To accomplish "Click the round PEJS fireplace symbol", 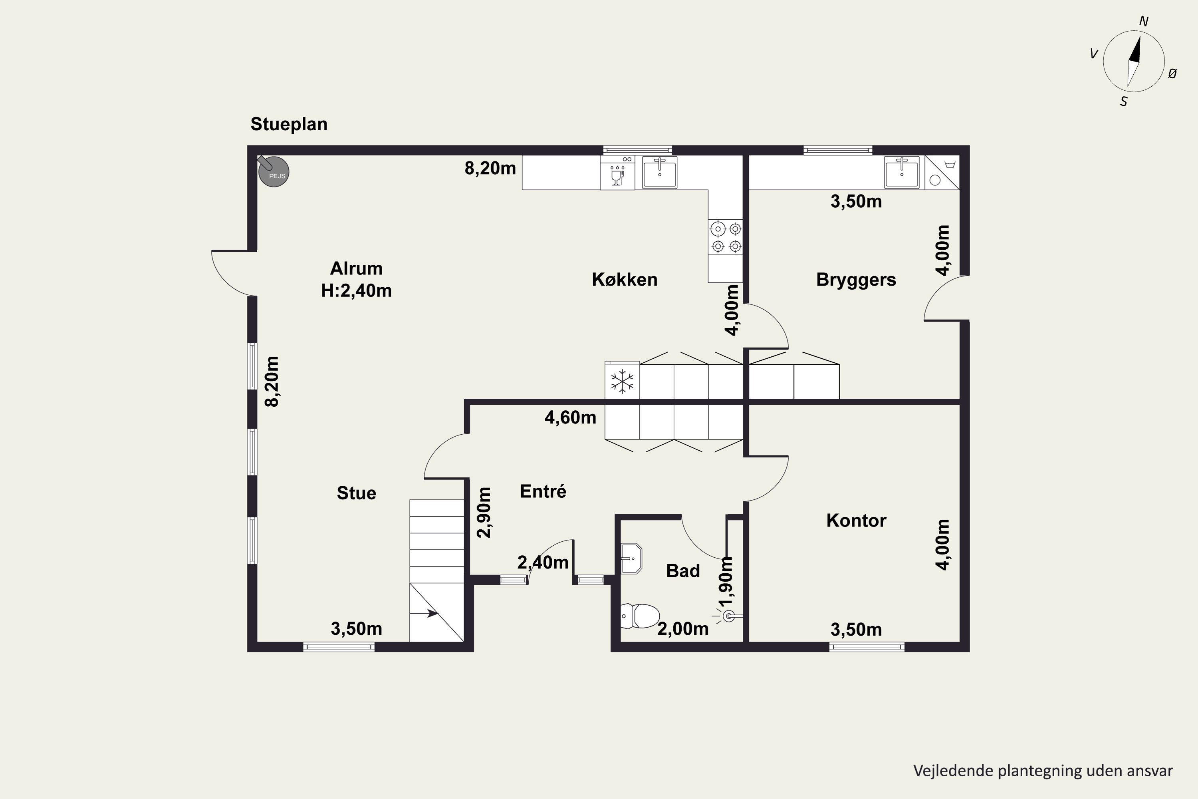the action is (x=274, y=171).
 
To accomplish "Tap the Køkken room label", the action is (x=625, y=279).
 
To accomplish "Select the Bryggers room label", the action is (x=856, y=280).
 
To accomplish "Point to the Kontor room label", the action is (x=856, y=520).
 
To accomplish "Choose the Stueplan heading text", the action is (x=289, y=124).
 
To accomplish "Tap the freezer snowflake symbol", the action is (x=622, y=382).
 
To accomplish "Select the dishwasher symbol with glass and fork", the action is (x=617, y=173).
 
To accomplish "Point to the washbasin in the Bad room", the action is (x=632, y=559).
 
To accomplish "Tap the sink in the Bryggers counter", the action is (x=902, y=173).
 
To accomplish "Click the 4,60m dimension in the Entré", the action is (x=571, y=418).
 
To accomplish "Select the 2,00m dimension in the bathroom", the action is (x=683, y=629).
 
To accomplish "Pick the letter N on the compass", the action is (x=1144, y=22).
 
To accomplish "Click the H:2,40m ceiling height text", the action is (x=357, y=291).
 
